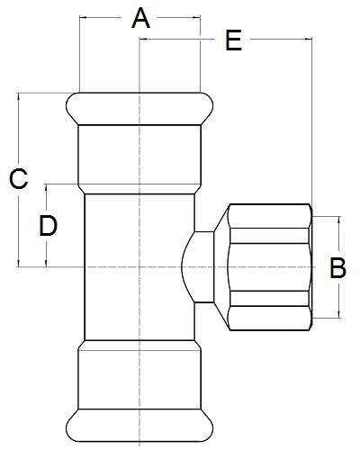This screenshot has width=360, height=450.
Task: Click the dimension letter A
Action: click(x=140, y=19)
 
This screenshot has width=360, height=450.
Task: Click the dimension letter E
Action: click(x=233, y=40)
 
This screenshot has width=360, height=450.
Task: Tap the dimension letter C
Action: click(x=19, y=179)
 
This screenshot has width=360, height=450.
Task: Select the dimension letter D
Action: click(x=49, y=225)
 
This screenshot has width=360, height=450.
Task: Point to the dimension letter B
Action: click(x=337, y=267)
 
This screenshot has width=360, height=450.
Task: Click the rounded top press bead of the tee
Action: click(x=139, y=109)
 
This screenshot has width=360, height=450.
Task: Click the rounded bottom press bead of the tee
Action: click(x=139, y=425)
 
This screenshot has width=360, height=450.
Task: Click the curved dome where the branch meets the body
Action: click(x=188, y=267)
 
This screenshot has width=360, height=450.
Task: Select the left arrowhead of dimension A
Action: click(x=83, y=18)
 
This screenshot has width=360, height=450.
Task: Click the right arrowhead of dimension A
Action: click(x=197, y=18)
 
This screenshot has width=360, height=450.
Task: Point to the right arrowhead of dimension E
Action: click(x=309, y=39)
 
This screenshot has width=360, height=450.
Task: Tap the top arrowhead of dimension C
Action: click(x=19, y=96)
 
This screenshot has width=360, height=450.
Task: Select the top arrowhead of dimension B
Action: click(x=339, y=220)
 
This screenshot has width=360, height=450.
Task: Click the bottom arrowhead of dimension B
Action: click(x=339, y=314)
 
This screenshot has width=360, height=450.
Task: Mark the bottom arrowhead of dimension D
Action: click(x=46, y=263)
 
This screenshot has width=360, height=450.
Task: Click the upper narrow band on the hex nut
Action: click(x=270, y=236)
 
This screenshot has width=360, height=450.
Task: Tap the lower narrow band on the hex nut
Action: click(x=270, y=299)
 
